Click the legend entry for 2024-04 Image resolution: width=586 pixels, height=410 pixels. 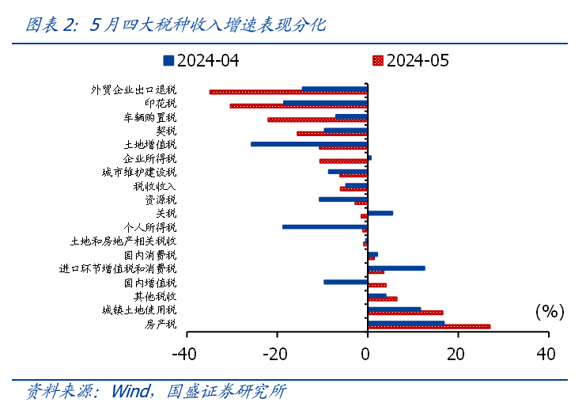coord(201,61)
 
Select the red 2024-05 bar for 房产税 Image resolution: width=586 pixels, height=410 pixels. coord(429,326)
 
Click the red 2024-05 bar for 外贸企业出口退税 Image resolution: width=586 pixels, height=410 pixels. coord(288,92)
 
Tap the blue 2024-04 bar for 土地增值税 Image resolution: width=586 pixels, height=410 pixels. coord(309,144)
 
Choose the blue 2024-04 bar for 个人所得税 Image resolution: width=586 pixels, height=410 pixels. coord(325,226)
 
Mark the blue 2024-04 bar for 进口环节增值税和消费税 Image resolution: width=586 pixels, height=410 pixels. coord(396,268)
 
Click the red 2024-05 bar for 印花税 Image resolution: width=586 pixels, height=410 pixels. coord(298,105)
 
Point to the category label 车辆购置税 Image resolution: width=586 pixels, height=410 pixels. coord(149,117)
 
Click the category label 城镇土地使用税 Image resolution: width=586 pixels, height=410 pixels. coord(139,309)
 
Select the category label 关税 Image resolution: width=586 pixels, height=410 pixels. coord(165,213)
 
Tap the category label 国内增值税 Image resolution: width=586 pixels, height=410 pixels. coord(149,283)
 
